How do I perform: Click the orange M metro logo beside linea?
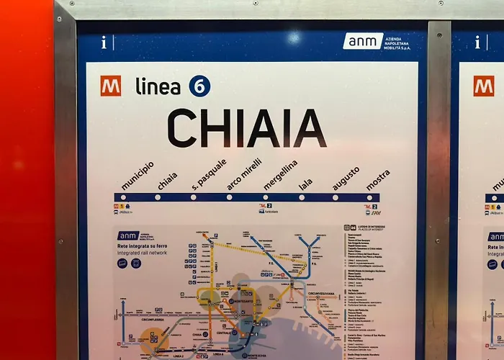(x=111, y=86)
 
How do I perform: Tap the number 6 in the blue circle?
(x=199, y=86)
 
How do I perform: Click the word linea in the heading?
(x=158, y=86)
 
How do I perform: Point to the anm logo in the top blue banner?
(x=363, y=41)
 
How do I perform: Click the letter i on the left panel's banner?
(x=104, y=42)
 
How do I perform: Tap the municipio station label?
(x=137, y=176)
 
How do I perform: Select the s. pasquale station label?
(x=209, y=174)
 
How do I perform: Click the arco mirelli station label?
(x=244, y=174)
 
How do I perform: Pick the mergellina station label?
(x=280, y=175)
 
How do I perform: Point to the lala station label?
(x=306, y=184)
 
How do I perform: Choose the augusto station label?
(x=346, y=178)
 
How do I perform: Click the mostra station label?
(x=378, y=180)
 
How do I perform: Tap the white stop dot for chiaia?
(x=158, y=197)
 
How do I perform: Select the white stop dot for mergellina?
(x=265, y=197)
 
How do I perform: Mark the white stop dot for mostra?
(x=370, y=197)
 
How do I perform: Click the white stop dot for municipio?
(x=122, y=197)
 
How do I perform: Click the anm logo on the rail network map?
(x=129, y=235)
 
